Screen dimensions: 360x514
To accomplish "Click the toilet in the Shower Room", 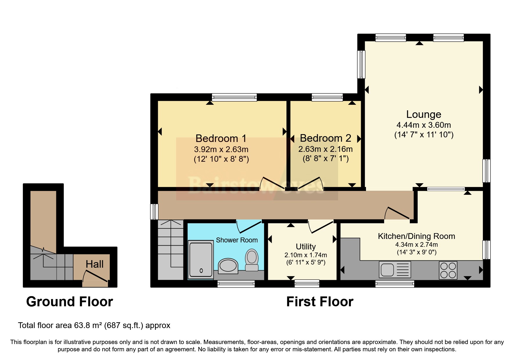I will [252, 260].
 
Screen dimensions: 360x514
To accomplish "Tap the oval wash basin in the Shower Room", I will [228, 266].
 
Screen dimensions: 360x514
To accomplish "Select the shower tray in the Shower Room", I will [201, 260].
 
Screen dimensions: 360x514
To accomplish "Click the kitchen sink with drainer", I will [395, 269].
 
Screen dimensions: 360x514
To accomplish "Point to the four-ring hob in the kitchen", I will [448, 270].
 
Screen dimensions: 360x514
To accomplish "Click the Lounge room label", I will [423, 114].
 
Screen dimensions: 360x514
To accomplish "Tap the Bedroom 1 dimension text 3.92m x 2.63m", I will [221, 150].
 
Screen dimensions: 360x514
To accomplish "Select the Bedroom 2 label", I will [325, 138].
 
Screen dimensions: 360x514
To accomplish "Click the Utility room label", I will [306, 246].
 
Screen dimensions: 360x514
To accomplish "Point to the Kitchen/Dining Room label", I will [416, 236].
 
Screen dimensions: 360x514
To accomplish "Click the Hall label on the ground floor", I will [95, 264].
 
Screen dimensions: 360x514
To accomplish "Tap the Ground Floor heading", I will [70, 302].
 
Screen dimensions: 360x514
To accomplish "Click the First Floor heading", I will [320, 302].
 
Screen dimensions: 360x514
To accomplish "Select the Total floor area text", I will [94, 325].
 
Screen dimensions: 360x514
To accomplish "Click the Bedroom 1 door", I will [272, 183].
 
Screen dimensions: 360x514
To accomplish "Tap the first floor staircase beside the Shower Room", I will [171, 250].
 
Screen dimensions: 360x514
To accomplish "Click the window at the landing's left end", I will [154, 211].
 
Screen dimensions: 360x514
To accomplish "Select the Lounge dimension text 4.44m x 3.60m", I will [423, 125].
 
